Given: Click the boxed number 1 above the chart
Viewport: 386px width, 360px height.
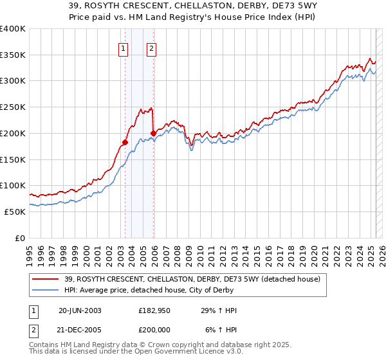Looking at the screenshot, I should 122,47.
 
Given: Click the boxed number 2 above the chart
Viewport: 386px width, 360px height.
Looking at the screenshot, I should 151,47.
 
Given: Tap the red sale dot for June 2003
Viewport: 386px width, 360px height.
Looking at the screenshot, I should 125,142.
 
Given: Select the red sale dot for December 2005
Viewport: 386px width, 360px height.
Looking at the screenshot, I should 154,133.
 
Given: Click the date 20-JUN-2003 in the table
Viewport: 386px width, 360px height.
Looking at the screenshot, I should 80,311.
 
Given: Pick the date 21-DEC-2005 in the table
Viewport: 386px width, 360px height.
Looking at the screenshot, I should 80,330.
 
